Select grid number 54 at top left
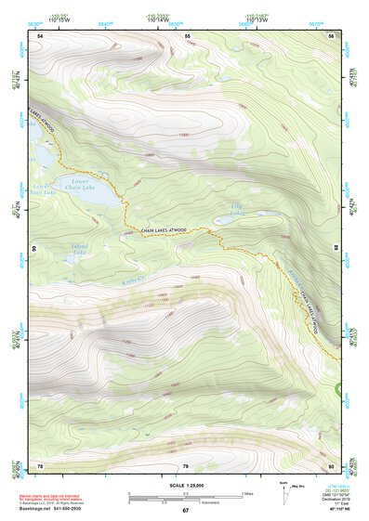40,35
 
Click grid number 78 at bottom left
40,465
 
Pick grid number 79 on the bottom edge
185,465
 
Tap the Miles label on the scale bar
246,492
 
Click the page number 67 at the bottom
185,511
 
